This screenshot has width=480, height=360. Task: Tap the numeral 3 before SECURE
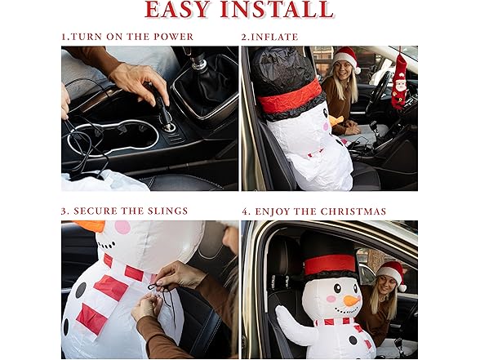tap(64, 211)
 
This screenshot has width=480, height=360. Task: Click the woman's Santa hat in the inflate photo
tap(347, 57)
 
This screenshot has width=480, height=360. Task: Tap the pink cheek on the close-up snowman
tap(122, 228)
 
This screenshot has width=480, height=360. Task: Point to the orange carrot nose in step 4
tap(352, 301)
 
